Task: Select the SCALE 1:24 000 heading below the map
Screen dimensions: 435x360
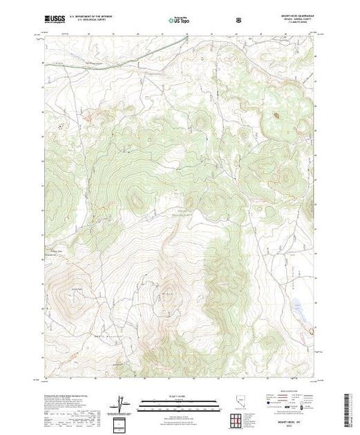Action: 179,399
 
